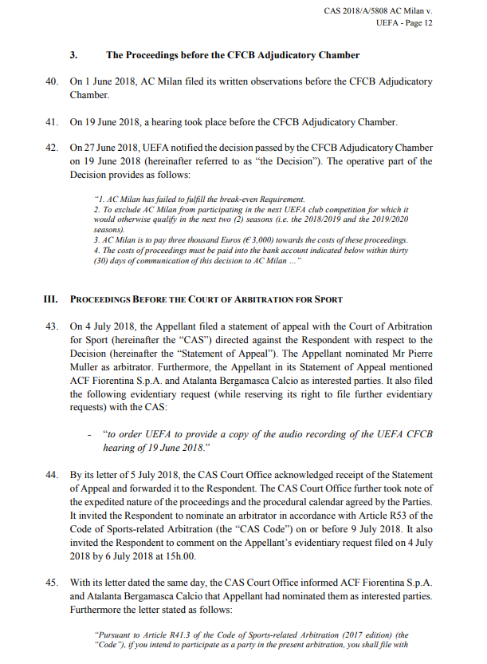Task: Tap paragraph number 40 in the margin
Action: coord(53,81)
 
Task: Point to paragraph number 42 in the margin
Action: coord(53,148)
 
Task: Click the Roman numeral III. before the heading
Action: coord(51,299)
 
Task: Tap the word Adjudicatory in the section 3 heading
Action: coord(282,55)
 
